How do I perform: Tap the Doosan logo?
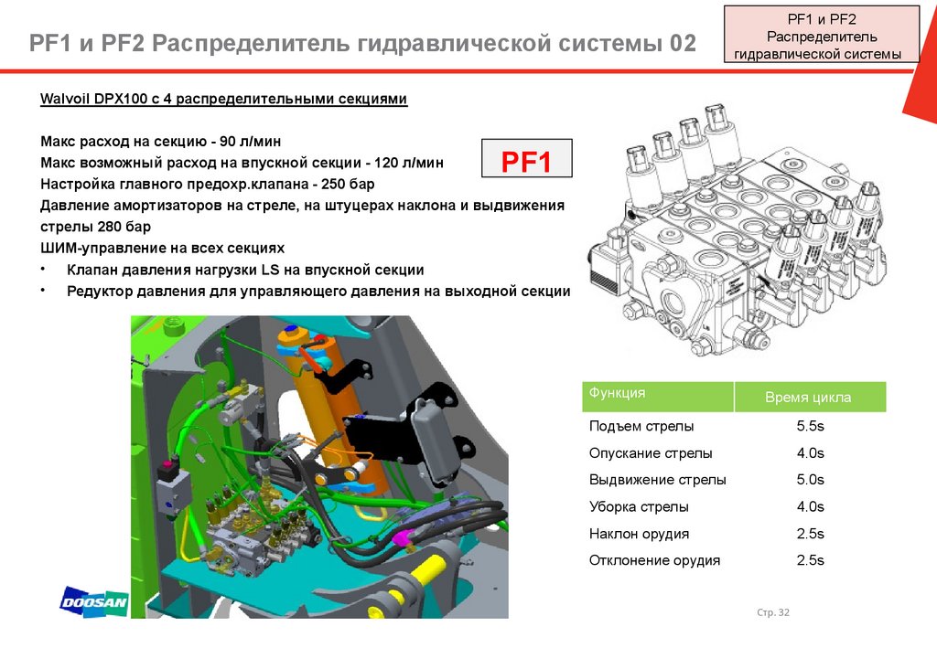click(93, 602)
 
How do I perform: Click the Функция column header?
click(618, 393)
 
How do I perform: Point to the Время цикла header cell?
click(808, 398)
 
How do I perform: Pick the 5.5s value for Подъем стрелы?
click(811, 426)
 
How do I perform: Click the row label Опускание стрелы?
click(651, 452)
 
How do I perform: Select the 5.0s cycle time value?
click(811, 480)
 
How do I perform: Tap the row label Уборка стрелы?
click(639, 506)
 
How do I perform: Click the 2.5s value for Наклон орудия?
click(811, 534)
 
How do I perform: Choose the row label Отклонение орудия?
click(654, 560)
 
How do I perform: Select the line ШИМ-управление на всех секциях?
click(163, 248)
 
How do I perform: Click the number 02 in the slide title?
click(680, 43)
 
